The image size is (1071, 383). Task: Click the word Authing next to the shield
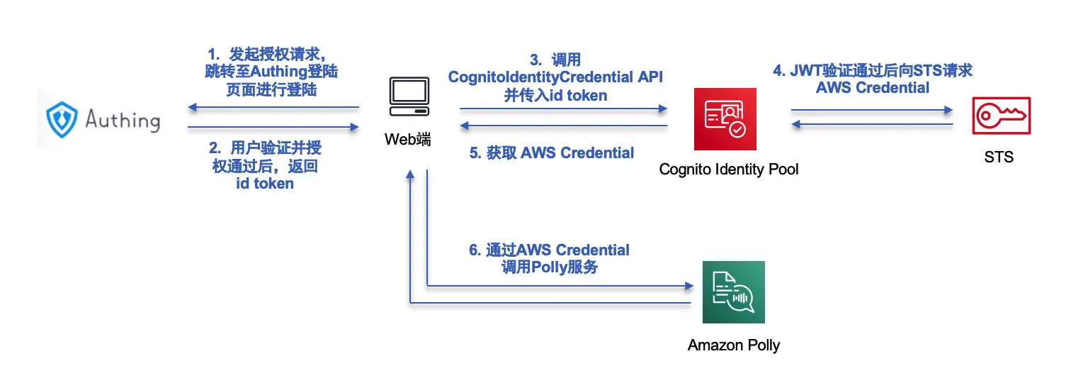pyautogui.click(x=122, y=119)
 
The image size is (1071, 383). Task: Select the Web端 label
pyautogui.click(x=407, y=139)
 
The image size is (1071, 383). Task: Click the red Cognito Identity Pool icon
pyautogui.click(x=725, y=119)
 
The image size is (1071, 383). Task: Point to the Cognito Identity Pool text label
pyautogui.click(x=729, y=170)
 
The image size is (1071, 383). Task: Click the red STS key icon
pyautogui.click(x=1001, y=116)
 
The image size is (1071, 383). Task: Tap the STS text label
pyautogui.click(x=999, y=157)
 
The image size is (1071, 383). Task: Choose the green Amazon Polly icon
pyautogui.click(x=733, y=292)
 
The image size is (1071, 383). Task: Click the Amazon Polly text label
pyautogui.click(x=733, y=346)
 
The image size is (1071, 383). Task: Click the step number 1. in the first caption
pyautogui.click(x=213, y=55)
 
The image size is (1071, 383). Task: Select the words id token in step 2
pyautogui.click(x=264, y=184)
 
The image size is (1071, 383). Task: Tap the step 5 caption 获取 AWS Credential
pyautogui.click(x=552, y=152)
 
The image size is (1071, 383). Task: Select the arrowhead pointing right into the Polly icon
pyautogui.click(x=688, y=286)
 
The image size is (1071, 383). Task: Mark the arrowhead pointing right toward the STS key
pyautogui.click(x=948, y=110)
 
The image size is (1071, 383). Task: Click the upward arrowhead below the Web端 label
pyautogui.click(x=410, y=176)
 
